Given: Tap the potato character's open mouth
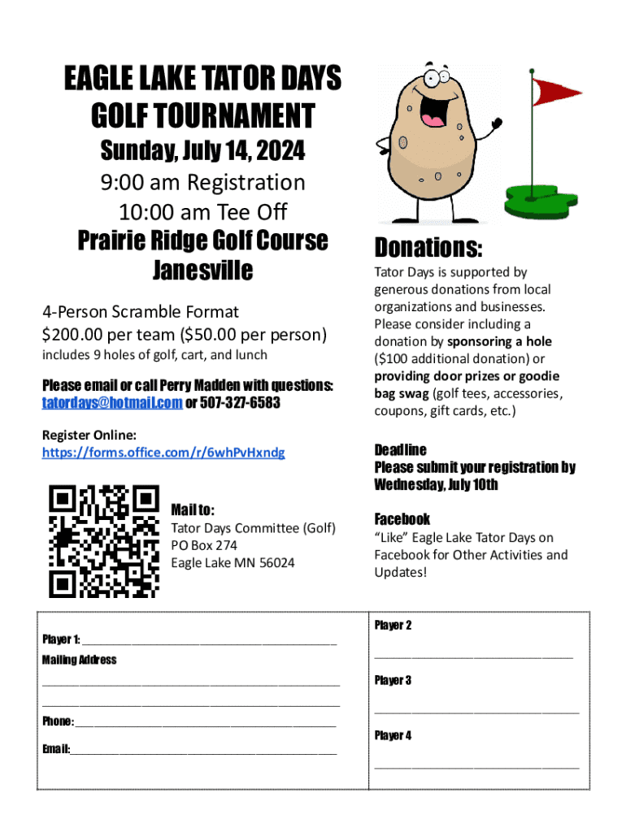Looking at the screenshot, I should coord(433,114).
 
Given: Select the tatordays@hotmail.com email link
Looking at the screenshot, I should coord(112,403).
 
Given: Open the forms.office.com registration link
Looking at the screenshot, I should coord(163,453).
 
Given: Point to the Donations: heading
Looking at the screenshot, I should coord(428,247).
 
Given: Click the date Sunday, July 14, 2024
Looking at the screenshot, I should coord(202,150).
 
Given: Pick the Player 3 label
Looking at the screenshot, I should coord(393,680).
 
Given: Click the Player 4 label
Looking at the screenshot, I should coord(393,735).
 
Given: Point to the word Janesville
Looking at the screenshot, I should coord(202,271).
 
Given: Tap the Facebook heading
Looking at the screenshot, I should coord(402,519).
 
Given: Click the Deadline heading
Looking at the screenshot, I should coord(400,450).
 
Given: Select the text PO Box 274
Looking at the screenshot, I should coord(204,546).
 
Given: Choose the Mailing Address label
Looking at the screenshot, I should coord(79,660).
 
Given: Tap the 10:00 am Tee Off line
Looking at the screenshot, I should coord(202,212).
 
